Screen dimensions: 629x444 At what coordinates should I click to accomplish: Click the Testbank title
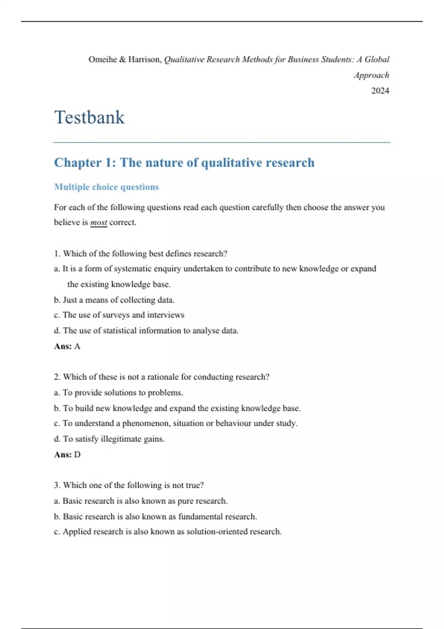[90, 117]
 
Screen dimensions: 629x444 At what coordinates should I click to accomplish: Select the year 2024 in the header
[380, 91]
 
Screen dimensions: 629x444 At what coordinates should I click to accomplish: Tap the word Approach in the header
[371, 75]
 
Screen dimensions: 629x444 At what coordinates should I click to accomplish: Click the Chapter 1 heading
[184, 162]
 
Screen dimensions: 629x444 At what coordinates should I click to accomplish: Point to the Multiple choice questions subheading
[106, 187]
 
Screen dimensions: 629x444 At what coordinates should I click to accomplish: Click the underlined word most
[98, 222]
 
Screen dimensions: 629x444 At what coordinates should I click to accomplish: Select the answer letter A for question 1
[77, 346]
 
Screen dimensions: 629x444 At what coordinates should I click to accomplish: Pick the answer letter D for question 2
[77, 454]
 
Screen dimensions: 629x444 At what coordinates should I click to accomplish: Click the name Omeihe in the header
[102, 60]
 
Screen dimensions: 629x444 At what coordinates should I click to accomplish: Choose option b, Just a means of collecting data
[115, 300]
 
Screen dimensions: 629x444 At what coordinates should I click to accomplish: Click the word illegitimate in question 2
[121, 439]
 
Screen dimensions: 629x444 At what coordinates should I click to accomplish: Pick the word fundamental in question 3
[200, 517]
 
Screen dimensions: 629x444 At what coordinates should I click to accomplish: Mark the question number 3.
[57, 485]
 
